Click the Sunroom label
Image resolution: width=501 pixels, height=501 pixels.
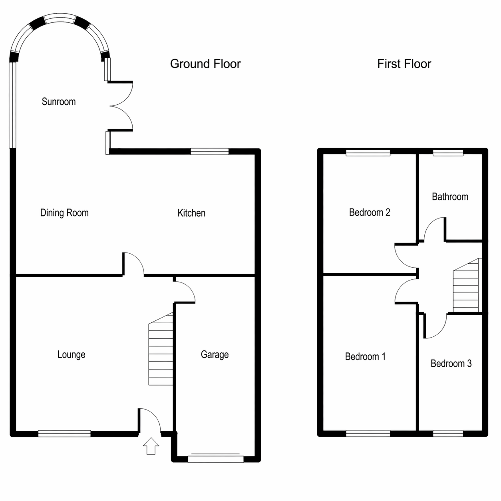point(58,101)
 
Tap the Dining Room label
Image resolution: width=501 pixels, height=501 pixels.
point(64,213)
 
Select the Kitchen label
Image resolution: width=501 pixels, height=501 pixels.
point(191,213)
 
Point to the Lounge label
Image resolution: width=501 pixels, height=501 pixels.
point(71,354)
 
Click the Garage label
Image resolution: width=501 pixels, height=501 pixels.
point(215,354)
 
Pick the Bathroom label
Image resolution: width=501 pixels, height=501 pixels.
point(450,197)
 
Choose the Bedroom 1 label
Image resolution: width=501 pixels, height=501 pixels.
point(365,356)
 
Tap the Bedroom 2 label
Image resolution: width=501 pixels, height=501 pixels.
point(370,213)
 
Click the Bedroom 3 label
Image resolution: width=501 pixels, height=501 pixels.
point(451,364)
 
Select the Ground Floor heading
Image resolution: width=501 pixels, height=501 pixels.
point(205,64)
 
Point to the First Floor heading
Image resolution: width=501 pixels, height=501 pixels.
point(404,64)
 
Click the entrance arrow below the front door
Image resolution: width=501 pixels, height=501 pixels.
point(151,446)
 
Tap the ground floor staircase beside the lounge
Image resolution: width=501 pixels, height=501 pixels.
point(161,349)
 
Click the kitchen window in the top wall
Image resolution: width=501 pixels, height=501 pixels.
point(210,151)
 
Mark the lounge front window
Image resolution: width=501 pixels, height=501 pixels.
point(64,433)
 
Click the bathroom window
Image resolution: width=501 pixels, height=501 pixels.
point(448,153)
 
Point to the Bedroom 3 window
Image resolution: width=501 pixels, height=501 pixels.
point(448,433)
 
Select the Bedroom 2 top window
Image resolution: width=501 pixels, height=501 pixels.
point(368,153)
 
